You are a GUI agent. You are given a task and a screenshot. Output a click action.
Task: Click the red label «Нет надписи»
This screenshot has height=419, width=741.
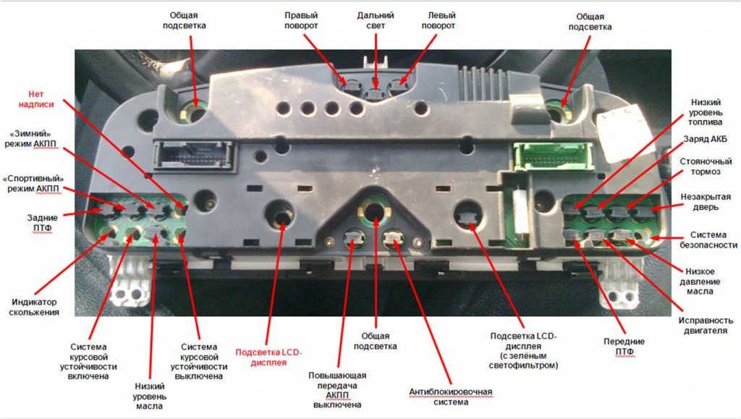pyautogui.click(x=36, y=99)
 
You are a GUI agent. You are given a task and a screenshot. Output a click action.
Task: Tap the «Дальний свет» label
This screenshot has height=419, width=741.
pyautogui.click(x=376, y=20)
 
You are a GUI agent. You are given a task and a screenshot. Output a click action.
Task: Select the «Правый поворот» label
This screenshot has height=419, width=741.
pyautogui.click(x=301, y=20)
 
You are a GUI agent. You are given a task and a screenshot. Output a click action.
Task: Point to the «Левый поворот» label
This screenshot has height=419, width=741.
pyautogui.click(x=439, y=20)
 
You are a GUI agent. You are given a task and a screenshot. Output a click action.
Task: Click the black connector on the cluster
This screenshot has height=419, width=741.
pyautogui.click(x=194, y=154)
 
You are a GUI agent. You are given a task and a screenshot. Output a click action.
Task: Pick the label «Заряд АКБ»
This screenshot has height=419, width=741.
pyautogui.click(x=705, y=139)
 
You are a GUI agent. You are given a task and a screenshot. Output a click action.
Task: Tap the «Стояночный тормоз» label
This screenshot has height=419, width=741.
pyautogui.click(x=706, y=166)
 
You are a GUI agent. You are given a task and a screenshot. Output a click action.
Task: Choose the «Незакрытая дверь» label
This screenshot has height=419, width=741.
pyautogui.click(x=706, y=202)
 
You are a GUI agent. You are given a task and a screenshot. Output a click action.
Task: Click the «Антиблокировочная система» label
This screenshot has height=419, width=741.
pyautogui.click(x=451, y=397)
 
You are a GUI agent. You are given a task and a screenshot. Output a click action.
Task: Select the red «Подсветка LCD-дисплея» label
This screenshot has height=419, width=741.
pyautogui.click(x=268, y=357)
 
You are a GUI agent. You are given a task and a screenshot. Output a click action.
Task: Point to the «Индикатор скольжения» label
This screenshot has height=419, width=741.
pyautogui.click(x=34, y=307)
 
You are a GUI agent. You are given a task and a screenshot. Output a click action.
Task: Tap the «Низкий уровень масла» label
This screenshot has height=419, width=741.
pyautogui.click(x=149, y=396)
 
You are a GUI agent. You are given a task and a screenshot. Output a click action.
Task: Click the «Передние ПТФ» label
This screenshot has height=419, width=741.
pyautogui.click(x=624, y=347)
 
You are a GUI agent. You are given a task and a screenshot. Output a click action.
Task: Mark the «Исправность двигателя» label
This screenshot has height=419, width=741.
pyautogui.click(x=706, y=326)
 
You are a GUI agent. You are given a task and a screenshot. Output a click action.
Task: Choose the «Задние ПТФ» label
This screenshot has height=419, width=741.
pyautogui.click(x=43, y=223)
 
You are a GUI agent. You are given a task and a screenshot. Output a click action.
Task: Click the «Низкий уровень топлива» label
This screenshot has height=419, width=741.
pyautogui.click(x=705, y=112)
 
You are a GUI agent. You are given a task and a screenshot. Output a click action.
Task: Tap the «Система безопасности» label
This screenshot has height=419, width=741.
pyautogui.click(x=708, y=240)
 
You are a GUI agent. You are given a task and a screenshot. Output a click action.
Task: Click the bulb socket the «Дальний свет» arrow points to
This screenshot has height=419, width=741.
pyautogui.click(x=376, y=93)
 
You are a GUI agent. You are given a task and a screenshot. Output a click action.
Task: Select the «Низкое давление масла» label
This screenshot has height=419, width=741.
pyautogui.click(x=700, y=282)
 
